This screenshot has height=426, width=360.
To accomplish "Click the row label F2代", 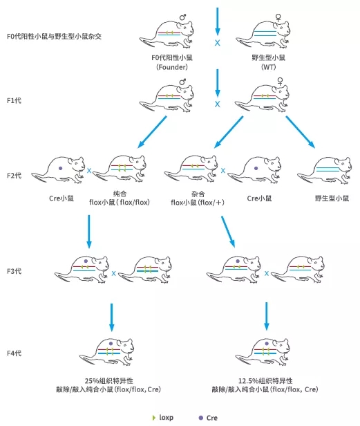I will click(13, 176).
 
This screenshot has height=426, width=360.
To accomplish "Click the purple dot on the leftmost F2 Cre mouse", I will click(61, 168).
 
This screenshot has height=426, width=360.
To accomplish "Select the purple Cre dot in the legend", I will click(200, 418).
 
